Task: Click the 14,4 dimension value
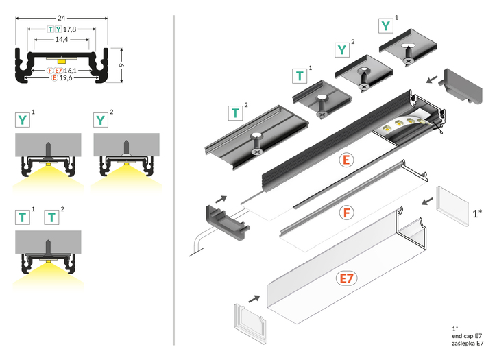pos(61,40)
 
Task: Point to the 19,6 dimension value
pos(66,78)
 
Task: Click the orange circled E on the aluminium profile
pos(347,160)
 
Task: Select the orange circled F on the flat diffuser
pos(348,212)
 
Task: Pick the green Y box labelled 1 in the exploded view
pos(387,26)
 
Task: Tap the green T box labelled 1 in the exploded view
pos(300,75)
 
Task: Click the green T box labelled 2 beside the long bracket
pos(235,113)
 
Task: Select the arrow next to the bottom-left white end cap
pos(254,299)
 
